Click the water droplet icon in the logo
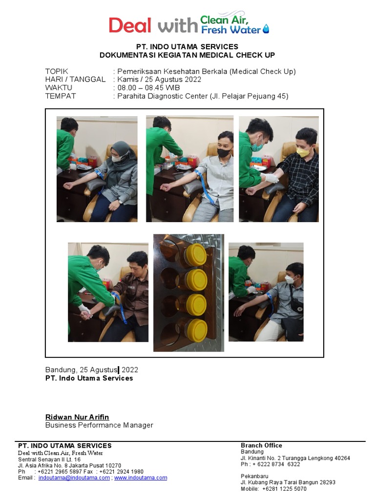coord(266,29)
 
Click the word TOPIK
coord(57,71)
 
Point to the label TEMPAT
coord(61,96)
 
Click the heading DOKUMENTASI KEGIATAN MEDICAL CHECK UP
coord(187,55)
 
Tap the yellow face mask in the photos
coord(302,151)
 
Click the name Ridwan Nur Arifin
coord(77,417)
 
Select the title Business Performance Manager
coord(99,425)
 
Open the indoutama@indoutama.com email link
coord(74,478)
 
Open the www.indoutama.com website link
coord(141,478)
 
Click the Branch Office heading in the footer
coord(262,445)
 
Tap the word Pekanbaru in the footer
coord(254,476)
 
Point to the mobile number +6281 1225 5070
coord(285,488)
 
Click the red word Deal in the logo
coord(130,25)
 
